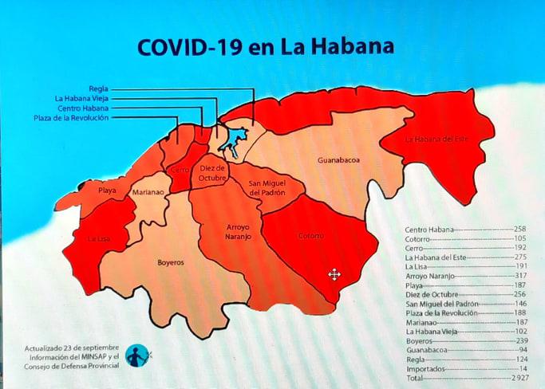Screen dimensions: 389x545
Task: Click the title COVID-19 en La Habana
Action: click(x=266, y=46)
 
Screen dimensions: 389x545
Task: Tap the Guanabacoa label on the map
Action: click(x=338, y=160)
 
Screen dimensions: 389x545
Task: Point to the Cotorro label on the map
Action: click(x=310, y=236)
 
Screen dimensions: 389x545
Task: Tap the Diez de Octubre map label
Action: click(x=212, y=173)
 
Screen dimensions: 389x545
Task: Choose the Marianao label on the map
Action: click(x=147, y=193)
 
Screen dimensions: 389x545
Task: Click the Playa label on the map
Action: click(x=107, y=191)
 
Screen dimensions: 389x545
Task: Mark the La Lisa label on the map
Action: click(x=99, y=238)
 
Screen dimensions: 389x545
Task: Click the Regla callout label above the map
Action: click(x=99, y=88)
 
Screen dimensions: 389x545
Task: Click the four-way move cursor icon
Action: click(x=334, y=275)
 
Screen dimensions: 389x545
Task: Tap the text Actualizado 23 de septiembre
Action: click(x=71, y=348)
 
